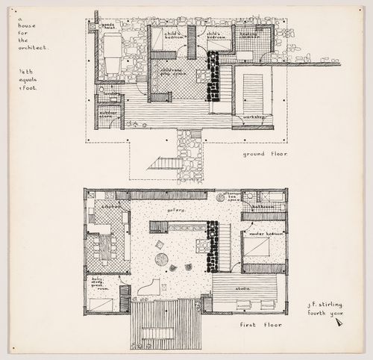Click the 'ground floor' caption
coord(266,154)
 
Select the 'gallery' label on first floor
coord(176,211)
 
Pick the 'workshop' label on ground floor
coord(248,118)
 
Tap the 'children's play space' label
coord(172,72)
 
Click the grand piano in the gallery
coord(153,288)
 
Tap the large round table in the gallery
coord(163,259)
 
